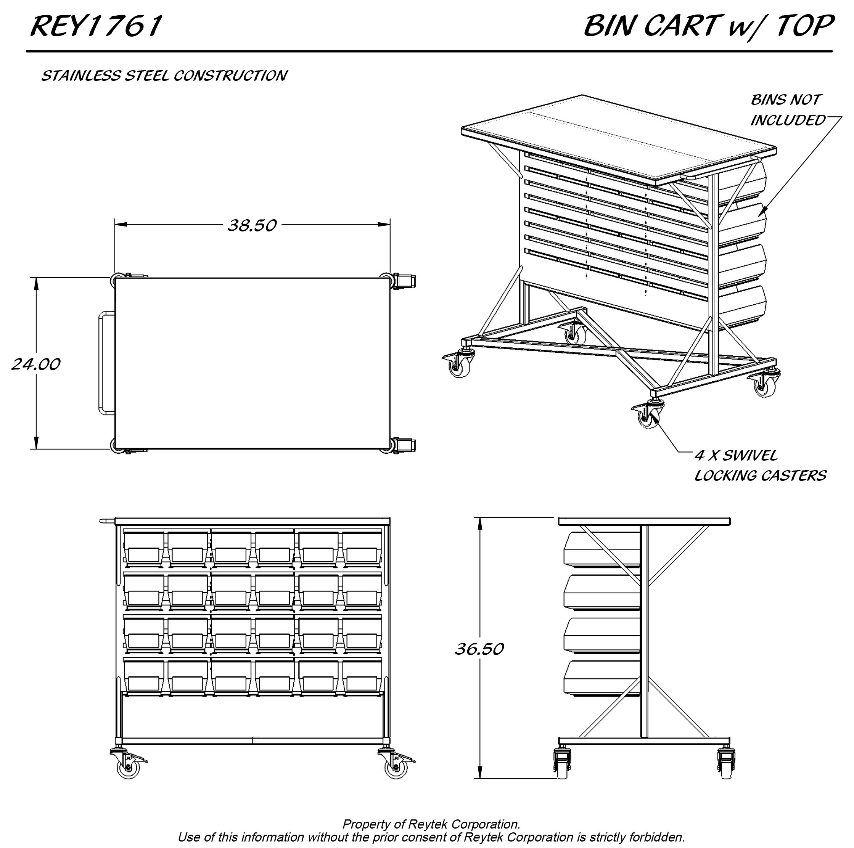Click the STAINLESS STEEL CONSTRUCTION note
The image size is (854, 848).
click(164, 76)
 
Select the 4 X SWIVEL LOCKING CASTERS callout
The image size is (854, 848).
click(759, 465)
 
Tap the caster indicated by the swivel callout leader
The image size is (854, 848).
click(648, 414)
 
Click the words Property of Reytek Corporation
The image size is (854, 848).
click(431, 824)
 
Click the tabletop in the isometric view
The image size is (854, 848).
click(619, 139)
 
